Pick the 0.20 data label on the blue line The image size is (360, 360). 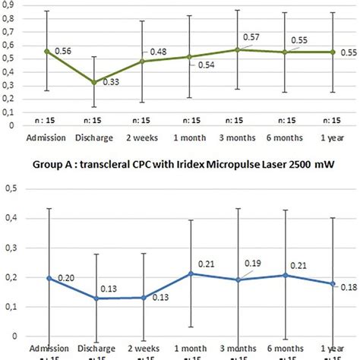click(67, 279)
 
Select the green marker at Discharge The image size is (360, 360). click(93, 82)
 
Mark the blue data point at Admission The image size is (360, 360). click(47, 278)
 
